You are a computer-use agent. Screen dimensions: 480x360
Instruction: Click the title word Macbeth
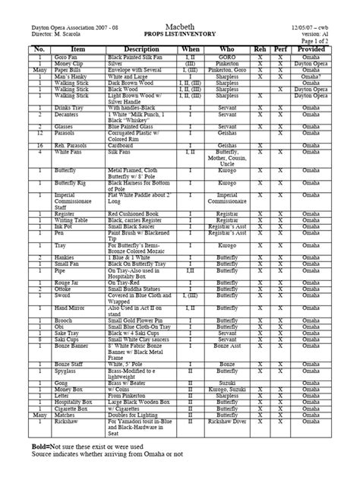[x=180, y=7]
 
